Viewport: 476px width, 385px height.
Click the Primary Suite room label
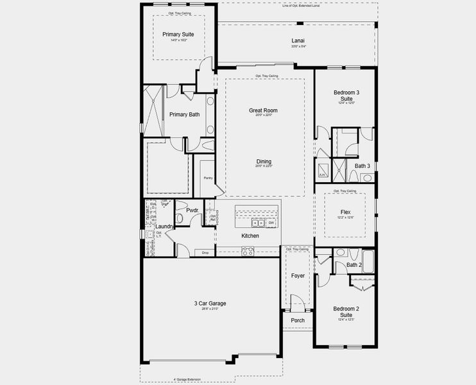pyautogui.click(x=178, y=34)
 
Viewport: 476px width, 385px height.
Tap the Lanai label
pyautogui.click(x=298, y=40)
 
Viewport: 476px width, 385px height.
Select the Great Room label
pyautogui.click(x=263, y=110)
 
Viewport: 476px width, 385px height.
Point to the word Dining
pyautogui.click(x=264, y=162)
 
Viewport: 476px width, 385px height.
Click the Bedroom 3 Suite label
pyautogui.click(x=346, y=96)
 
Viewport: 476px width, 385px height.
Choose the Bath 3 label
pyautogui.click(x=362, y=166)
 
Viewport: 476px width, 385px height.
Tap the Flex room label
pyautogui.click(x=346, y=212)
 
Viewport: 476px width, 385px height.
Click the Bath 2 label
pyautogui.click(x=354, y=265)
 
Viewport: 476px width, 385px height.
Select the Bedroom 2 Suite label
pyautogui.click(x=346, y=312)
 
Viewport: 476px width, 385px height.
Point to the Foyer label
pyautogui.click(x=298, y=276)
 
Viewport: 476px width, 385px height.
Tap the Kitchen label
pyautogui.click(x=250, y=236)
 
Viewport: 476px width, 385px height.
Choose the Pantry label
pyautogui.click(x=208, y=178)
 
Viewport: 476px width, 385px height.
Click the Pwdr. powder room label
pyautogui.click(x=192, y=210)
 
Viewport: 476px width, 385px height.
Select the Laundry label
pyautogui.click(x=165, y=227)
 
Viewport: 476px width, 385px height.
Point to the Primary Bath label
pyautogui.click(x=184, y=115)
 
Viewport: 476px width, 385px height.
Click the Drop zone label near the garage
pyautogui.click(x=205, y=253)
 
